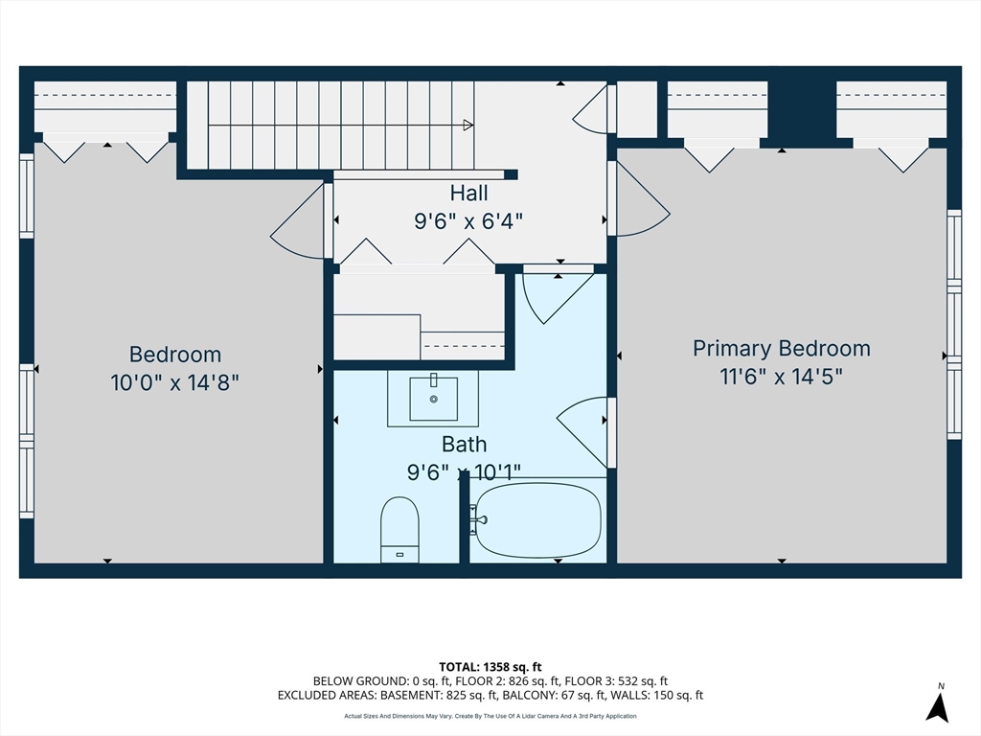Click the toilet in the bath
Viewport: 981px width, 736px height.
(399, 529)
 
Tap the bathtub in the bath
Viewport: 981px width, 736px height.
(538, 520)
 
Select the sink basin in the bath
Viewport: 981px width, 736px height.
(433, 398)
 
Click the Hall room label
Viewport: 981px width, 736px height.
(468, 193)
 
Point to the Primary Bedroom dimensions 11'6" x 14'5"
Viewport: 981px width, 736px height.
(782, 377)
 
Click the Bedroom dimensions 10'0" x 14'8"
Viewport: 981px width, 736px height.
(174, 381)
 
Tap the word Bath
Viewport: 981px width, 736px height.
(465, 444)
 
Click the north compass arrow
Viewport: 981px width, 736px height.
(937, 708)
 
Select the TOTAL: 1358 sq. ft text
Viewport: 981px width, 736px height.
(490, 667)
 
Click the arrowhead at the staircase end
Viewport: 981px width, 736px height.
(468, 126)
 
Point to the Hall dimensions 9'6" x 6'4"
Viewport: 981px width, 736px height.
(468, 221)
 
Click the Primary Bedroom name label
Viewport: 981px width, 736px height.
(782, 348)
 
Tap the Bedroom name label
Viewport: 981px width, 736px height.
(175, 355)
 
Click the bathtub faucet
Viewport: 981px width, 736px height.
(480, 520)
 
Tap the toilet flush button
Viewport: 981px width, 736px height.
(399, 555)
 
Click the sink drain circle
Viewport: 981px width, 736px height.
(433, 399)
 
